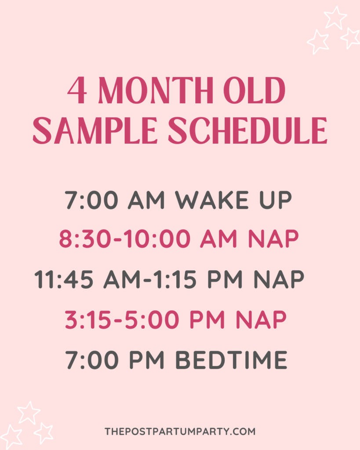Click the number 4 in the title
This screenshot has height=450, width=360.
coord(77,90)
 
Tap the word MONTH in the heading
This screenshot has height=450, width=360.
coord(156,90)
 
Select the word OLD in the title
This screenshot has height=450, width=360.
coord(255,90)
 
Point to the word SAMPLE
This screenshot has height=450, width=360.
coord(95,130)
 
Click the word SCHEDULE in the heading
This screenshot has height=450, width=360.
coord(247,130)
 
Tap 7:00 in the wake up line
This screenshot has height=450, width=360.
coord(91,200)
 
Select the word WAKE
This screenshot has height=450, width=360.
coord(212,200)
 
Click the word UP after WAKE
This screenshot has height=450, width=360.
coord(276,200)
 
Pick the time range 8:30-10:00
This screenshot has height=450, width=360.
coord(125,239)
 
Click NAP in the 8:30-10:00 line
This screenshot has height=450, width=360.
coord(273,239)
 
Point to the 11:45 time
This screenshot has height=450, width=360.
coord(64,279)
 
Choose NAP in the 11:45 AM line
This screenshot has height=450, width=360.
coord(279,279)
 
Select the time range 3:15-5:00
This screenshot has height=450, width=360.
coord(122,319)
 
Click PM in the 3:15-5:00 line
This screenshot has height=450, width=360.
coord(207,319)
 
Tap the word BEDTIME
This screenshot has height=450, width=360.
coord(231,359)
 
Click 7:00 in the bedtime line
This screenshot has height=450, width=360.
coord(91,359)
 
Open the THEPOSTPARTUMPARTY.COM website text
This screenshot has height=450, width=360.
coord(180,432)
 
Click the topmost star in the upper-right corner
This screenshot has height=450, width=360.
coord(335,17)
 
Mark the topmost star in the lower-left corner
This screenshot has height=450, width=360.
coord(28,413)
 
